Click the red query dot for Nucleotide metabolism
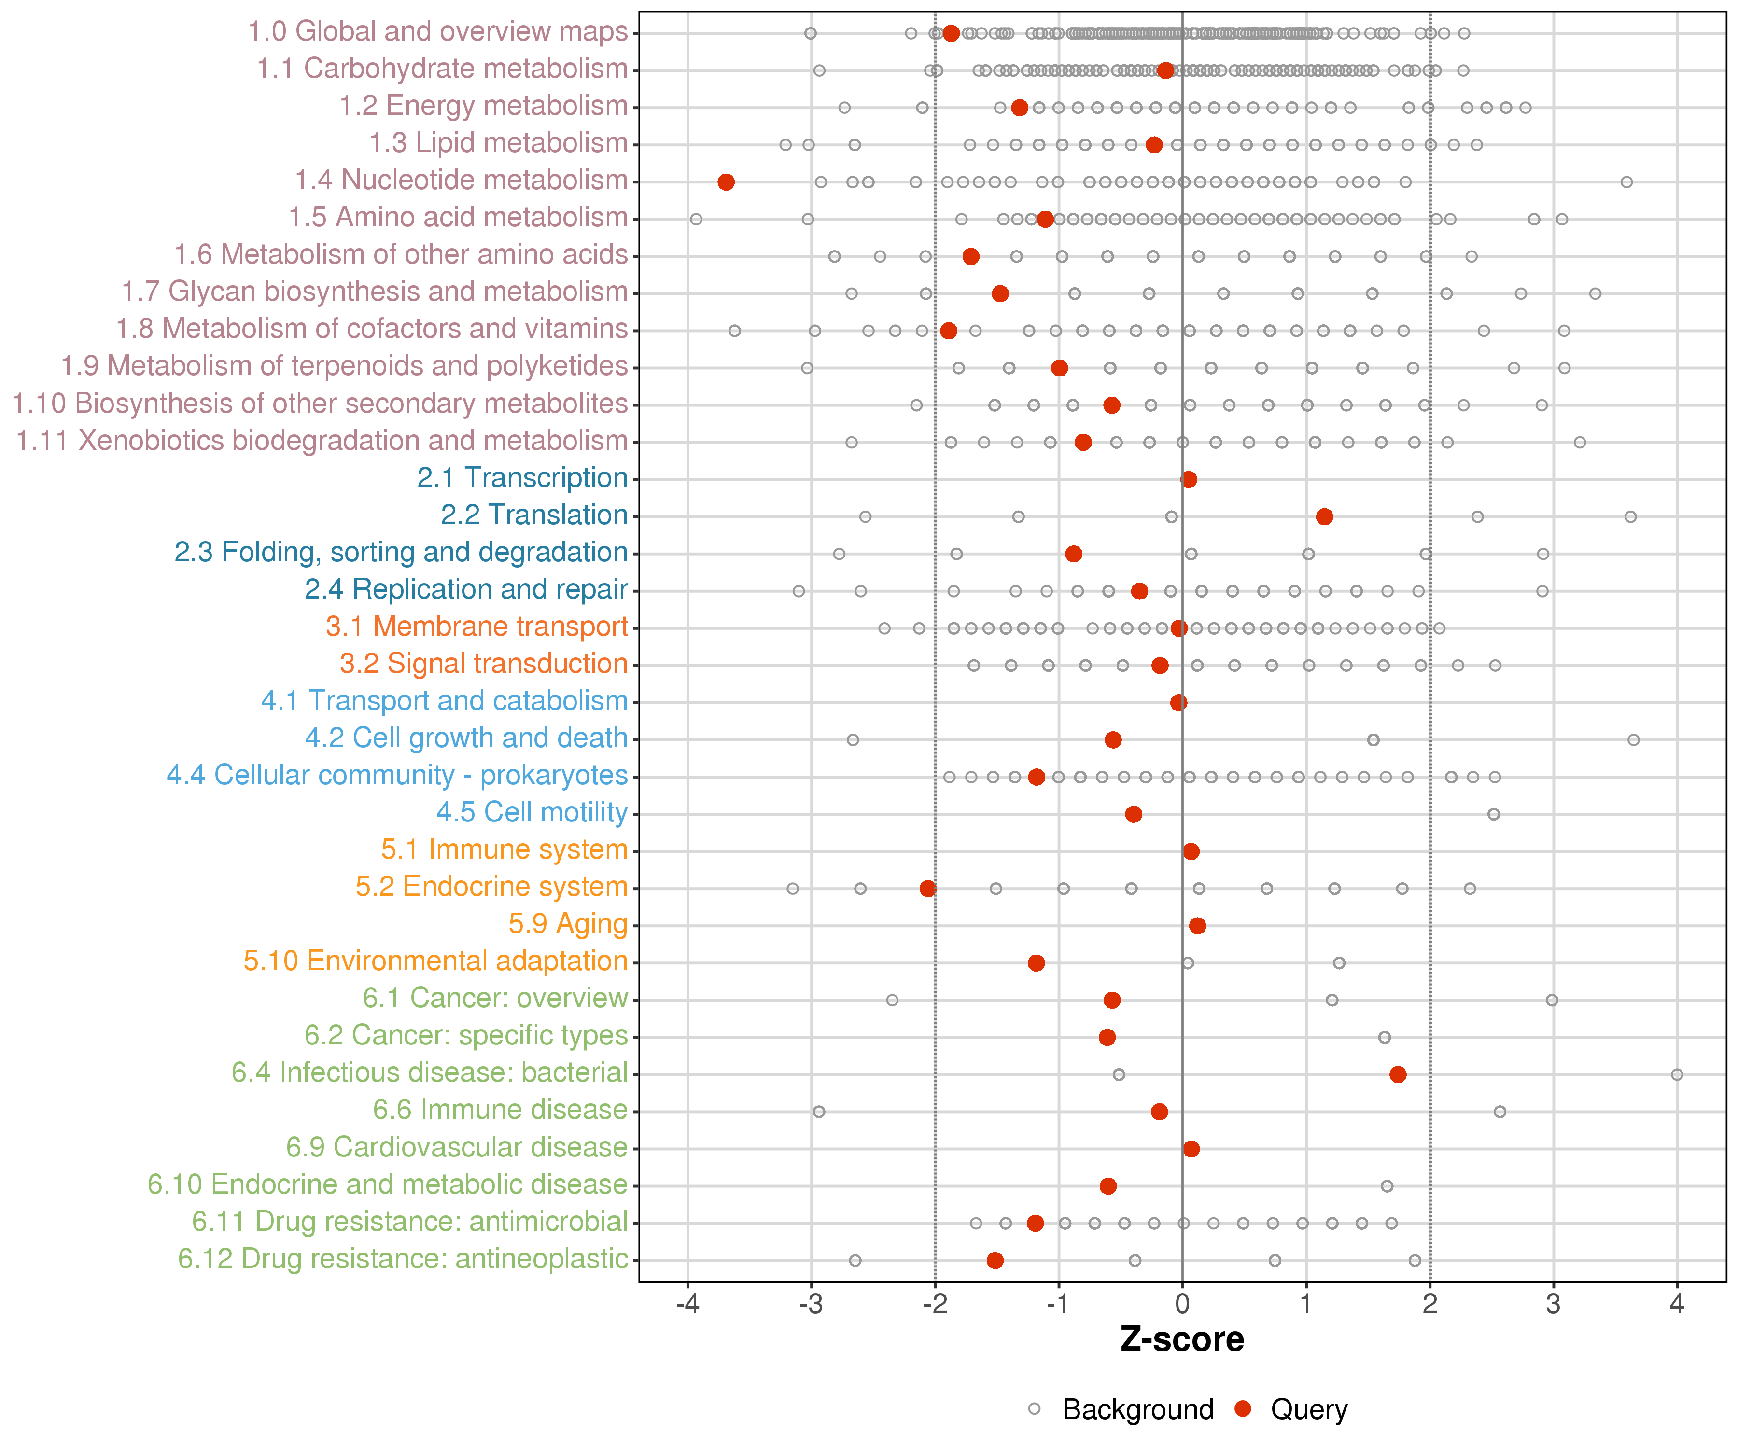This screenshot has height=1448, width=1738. (x=726, y=182)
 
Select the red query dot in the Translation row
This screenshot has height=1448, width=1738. (x=1324, y=517)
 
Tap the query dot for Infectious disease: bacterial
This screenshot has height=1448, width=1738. (x=1398, y=1075)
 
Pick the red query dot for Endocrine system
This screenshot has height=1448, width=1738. (x=928, y=889)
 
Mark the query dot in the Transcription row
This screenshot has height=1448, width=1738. (x=1189, y=480)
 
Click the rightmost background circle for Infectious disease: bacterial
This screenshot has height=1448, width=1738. (x=1677, y=1075)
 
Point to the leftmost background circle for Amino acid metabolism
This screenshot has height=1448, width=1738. (x=696, y=219)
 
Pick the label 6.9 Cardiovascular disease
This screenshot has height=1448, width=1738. (x=457, y=1148)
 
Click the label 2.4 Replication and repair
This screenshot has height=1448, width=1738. (x=466, y=589)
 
